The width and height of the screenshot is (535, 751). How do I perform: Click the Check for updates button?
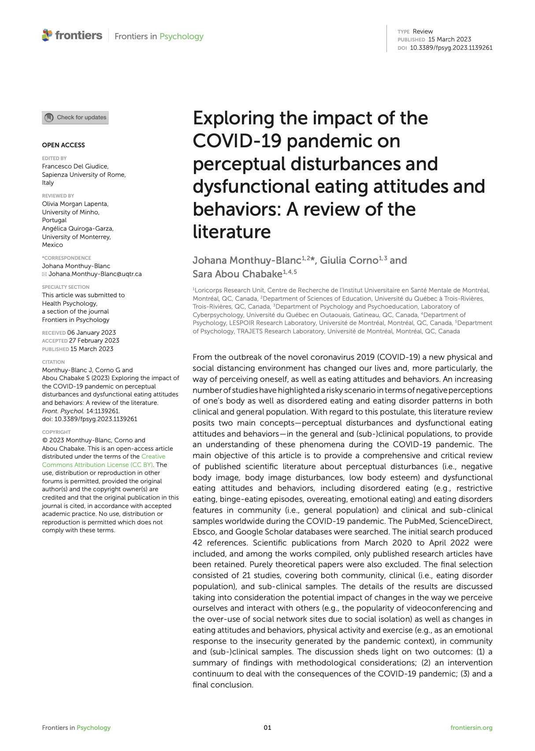pos(75,118)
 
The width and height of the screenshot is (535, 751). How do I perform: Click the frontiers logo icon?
pos(47,35)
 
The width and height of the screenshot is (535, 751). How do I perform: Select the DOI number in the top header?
pos(451,48)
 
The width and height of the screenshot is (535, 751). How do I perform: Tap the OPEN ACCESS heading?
pos(63,145)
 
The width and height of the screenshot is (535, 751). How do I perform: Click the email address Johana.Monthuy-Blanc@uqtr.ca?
pos(95,274)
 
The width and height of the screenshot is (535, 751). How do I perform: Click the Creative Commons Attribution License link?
pos(104,460)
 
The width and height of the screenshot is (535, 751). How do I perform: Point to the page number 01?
pos(267,728)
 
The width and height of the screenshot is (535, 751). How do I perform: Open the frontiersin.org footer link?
pos(471,728)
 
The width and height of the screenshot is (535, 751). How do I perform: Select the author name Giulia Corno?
pos(349,260)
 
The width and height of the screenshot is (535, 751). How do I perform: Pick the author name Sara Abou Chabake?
pos(237,274)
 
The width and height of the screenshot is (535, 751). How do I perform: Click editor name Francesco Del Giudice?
pos(75,166)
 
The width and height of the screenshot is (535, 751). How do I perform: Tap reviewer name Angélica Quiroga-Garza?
pos(78,228)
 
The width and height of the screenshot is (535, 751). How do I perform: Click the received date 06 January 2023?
pos(92,333)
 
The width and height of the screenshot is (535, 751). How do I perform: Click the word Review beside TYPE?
pos(423,31)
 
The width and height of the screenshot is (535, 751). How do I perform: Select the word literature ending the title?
pos(231,232)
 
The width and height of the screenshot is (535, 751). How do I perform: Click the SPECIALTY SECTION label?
pos(66,287)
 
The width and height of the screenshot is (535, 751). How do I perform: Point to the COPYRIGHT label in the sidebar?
pos(56,432)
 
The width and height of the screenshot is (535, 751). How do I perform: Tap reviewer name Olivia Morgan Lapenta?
pos(75,204)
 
